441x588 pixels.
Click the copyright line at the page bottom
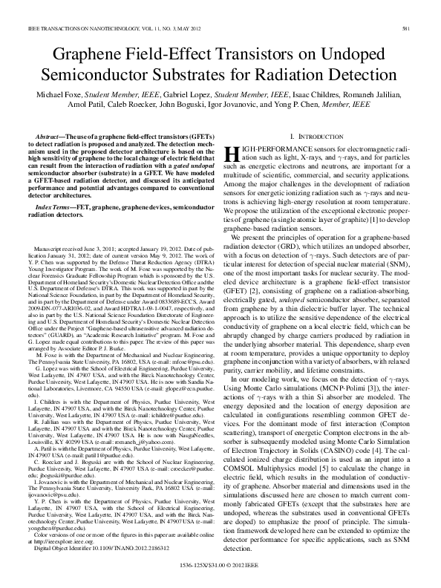point(220,574)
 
